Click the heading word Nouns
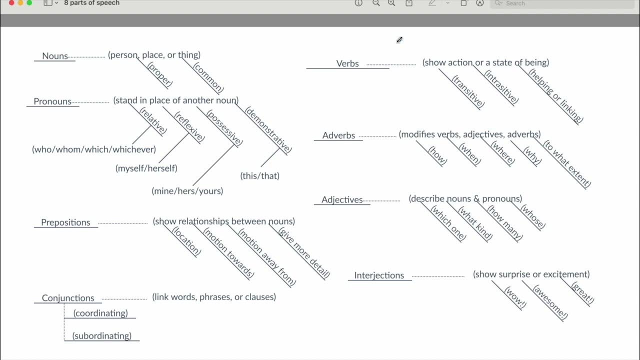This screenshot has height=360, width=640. (x=55, y=56)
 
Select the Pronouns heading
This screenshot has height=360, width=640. (x=52, y=101)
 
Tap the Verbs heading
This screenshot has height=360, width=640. (x=347, y=63)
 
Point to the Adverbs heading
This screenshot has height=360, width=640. (x=338, y=135)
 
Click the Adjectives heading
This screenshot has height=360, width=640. (x=342, y=199)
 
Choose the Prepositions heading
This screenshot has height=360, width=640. (x=65, y=222)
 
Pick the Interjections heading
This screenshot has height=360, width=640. (x=379, y=275)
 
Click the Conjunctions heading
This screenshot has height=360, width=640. (x=68, y=298)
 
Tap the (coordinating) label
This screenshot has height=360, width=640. (x=100, y=313)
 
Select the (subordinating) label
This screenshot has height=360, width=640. (x=102, y=336)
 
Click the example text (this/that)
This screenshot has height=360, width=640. (x=260, y=176)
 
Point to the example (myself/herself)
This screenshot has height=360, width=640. (x=146, y=168)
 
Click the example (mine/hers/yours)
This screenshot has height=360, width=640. (x=187, y=191)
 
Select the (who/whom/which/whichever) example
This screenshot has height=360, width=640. (x=94, y=149)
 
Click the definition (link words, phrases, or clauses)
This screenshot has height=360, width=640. (x=214, y=297)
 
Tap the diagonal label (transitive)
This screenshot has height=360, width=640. (x=468, y=91)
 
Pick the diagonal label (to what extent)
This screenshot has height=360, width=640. (x=567, y=164)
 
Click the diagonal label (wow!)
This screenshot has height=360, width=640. (x=515, y=297)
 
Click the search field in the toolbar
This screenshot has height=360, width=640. (x=560, y=3)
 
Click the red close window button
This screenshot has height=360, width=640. (x=12, y=2)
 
